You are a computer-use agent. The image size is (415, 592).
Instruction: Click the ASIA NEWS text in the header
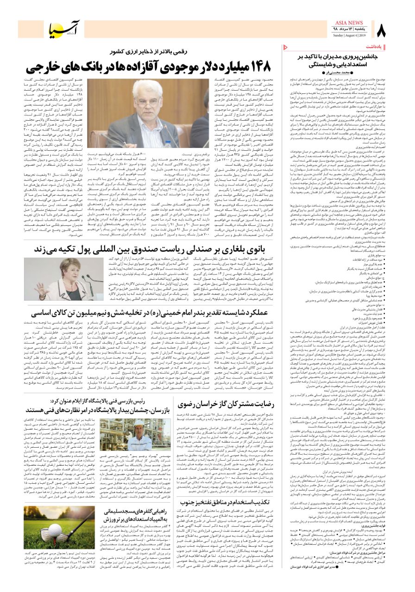point(343,22)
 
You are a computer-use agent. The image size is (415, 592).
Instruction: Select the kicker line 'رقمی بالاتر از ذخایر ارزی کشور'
point(153,50)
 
